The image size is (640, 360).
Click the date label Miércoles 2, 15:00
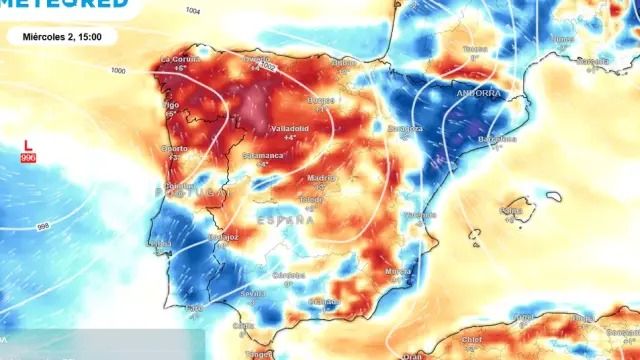(x=61, y=37)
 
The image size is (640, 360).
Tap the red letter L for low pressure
(x=28, y=145)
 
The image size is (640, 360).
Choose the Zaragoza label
(x=405, y=129)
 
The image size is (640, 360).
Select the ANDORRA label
(x=478, y=93)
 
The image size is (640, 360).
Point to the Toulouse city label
(x=475, y=49)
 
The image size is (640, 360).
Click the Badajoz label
(x=223, y=237)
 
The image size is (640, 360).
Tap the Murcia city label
(x=397, y=271)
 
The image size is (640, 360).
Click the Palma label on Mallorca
(x=511, y=211)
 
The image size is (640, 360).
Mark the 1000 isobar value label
(x=119, y=71)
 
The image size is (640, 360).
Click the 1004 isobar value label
(x=192, y=10)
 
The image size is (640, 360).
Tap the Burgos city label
(x=321, y=100)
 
